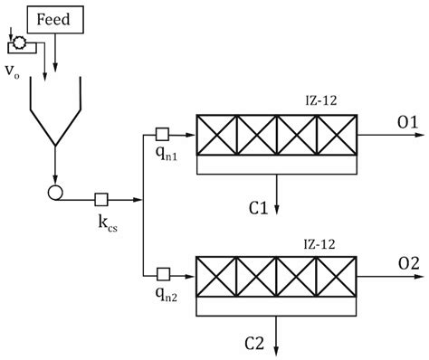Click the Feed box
tap(56, 16)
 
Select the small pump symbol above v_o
tap(16, 42)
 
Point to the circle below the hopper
tap(56, 192)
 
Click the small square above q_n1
tap(165, 133)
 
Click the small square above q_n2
tap(165, 270)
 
